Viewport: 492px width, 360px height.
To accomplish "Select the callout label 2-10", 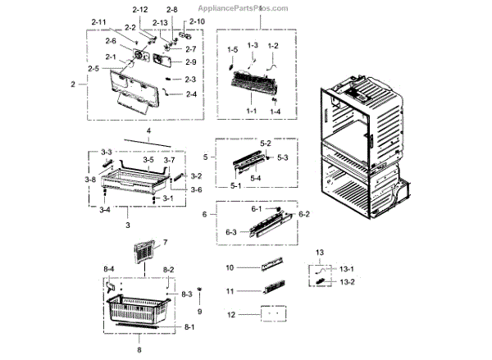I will click(198, 21).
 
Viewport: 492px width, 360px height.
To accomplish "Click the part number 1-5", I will click(232, 49).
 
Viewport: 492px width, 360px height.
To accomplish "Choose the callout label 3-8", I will click(90, 178).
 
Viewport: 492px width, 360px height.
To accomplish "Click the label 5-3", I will click(282, 157).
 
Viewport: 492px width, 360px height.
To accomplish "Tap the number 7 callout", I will click(164, 243).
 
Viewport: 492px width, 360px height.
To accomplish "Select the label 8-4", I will click(109, 269).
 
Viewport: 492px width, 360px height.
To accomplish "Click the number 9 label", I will click(198, 312).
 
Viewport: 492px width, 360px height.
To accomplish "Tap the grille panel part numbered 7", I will click(143, 254).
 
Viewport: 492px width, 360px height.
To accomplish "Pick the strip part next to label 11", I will click(271, 290).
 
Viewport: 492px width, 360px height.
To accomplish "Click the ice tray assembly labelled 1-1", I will click(255, 83).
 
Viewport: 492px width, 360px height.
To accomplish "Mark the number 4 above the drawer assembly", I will click(149, 131).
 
